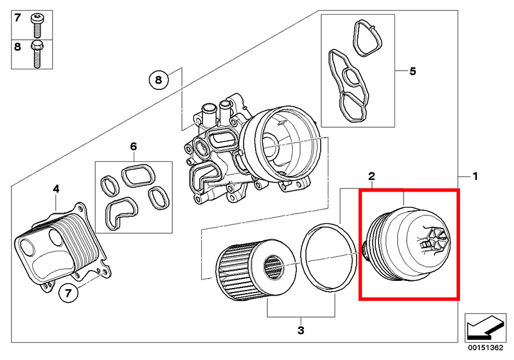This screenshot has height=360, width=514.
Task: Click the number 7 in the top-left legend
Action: click(17, 17)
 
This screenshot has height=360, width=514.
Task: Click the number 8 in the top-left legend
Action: click(17, 46)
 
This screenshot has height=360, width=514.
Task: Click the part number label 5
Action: click(413, 70)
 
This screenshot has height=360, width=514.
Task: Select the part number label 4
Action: click(56, 188)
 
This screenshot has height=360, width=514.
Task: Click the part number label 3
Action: click(301, 331)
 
